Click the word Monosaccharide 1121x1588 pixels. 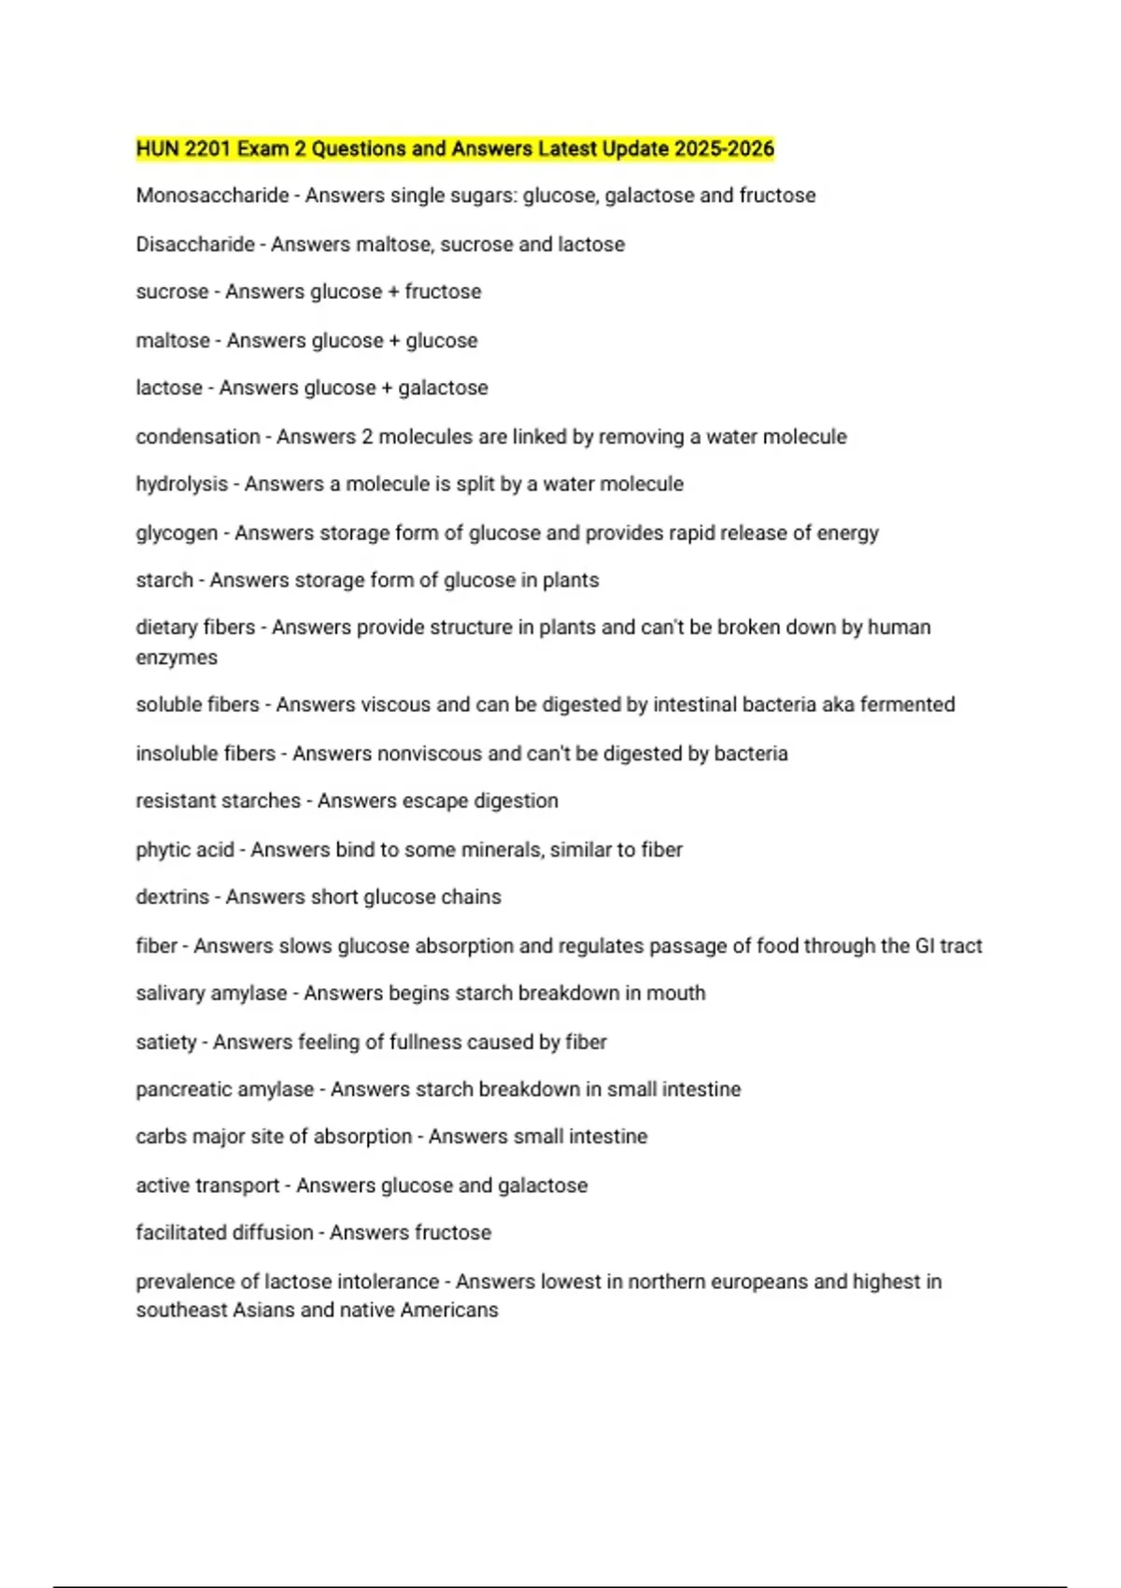coord(212,195)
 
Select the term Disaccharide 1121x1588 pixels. coord(195,244)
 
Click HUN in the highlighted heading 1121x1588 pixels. coord(157,149)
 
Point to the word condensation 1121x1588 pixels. coord(198,436)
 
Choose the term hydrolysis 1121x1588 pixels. coord(181,484)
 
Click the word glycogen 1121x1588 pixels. coord(177,533)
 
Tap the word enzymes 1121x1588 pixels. coord(177,658)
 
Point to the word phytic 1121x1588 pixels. coord(161,849)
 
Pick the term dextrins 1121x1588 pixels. coord(173,897)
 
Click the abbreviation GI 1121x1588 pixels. coord(925,945)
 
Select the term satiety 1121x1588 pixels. coord(166,1042)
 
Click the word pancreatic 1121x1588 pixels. coord(177,1089)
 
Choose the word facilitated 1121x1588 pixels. coord(177,1232)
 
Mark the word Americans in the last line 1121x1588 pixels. coord(449,1310)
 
